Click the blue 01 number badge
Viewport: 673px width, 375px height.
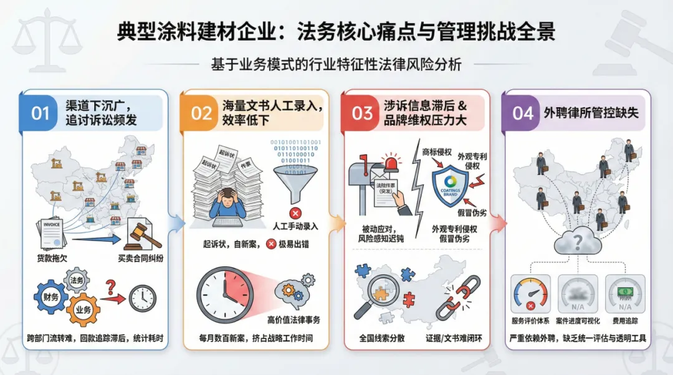click(x=40, y=113)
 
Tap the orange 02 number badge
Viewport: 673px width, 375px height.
click(x=201, y=113)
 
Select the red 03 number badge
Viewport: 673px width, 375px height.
click(x=363, y=113)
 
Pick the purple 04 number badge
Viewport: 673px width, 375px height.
click(x=523, y=113)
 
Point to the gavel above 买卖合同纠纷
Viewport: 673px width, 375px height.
click(x=142, y=234)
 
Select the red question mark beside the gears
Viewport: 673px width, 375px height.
click(x=110, y=286)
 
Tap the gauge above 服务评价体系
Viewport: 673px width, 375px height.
click(x=530, y=293)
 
